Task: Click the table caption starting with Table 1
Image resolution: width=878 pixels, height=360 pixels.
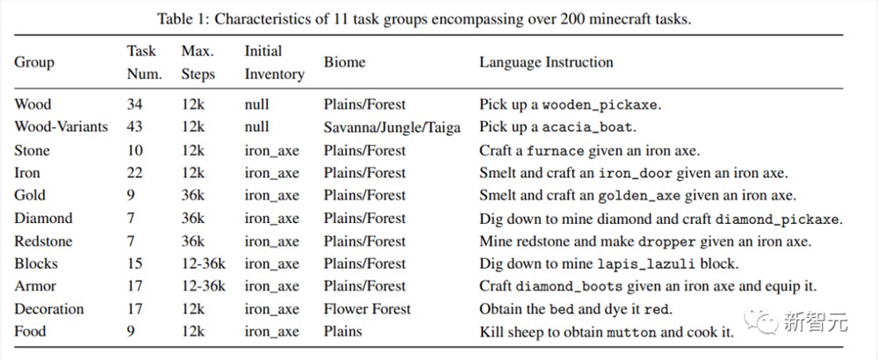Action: coord(424,19)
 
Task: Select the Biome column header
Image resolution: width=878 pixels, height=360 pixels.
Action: coord(344,62)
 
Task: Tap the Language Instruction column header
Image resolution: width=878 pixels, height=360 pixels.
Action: coord(546,62)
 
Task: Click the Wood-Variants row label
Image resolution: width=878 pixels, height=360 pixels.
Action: coord(61,127)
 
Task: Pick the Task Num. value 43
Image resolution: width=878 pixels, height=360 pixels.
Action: coord(135,127)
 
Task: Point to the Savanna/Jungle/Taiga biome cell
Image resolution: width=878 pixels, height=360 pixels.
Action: coord(392,127)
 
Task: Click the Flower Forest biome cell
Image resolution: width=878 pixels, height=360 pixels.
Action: coord(367,309)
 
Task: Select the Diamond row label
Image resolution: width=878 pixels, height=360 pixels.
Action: coord(43,218)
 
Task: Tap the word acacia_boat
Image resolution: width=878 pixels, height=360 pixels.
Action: coord(588,127)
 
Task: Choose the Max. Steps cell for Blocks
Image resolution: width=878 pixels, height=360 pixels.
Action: coord(204,263)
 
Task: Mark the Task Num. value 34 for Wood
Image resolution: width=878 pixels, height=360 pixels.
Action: coord(135,104)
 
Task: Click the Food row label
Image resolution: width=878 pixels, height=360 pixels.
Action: coord(30,331)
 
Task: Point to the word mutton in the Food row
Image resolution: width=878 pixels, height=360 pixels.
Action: coord(631,333)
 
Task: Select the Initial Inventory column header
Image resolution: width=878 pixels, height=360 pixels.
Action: coord(274,62)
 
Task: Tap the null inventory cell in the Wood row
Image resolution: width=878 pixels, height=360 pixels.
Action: coord(256,104)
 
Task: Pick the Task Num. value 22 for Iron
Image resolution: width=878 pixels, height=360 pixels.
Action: coord(135,172)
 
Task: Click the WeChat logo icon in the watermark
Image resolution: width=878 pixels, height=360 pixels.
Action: coord(761,320)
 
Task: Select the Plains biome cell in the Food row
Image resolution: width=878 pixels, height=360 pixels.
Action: coord(342,331)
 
